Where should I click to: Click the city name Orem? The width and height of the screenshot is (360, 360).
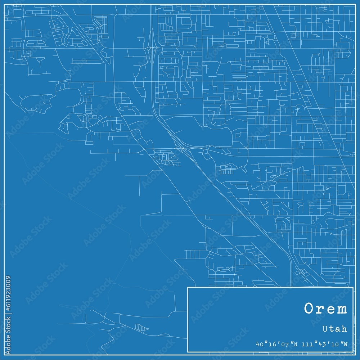[x=325, y=309]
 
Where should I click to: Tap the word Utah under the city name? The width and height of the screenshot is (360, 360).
[x=335, y=329]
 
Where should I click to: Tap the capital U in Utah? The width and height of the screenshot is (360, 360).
[x=326, y=329]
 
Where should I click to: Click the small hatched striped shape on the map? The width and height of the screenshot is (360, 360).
[x=141, y=328]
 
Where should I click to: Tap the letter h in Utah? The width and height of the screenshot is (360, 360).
[x=345, y=329]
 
